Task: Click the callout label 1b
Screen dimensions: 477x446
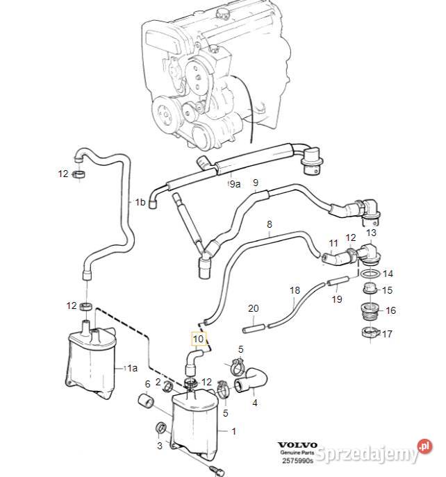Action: point(140,202)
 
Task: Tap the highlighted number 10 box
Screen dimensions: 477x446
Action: point(199,339)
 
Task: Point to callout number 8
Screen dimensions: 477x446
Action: point(270,224)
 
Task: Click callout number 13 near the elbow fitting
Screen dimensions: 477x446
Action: point(370,233)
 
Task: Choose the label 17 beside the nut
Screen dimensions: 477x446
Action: point(387,334)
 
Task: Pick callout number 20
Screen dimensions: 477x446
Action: point(253,308)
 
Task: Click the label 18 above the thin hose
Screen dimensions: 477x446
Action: point(295,290)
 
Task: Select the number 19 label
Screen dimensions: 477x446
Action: point(337,299)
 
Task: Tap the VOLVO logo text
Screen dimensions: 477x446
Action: point(297,445)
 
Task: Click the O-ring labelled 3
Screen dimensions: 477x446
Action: point(160,427)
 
